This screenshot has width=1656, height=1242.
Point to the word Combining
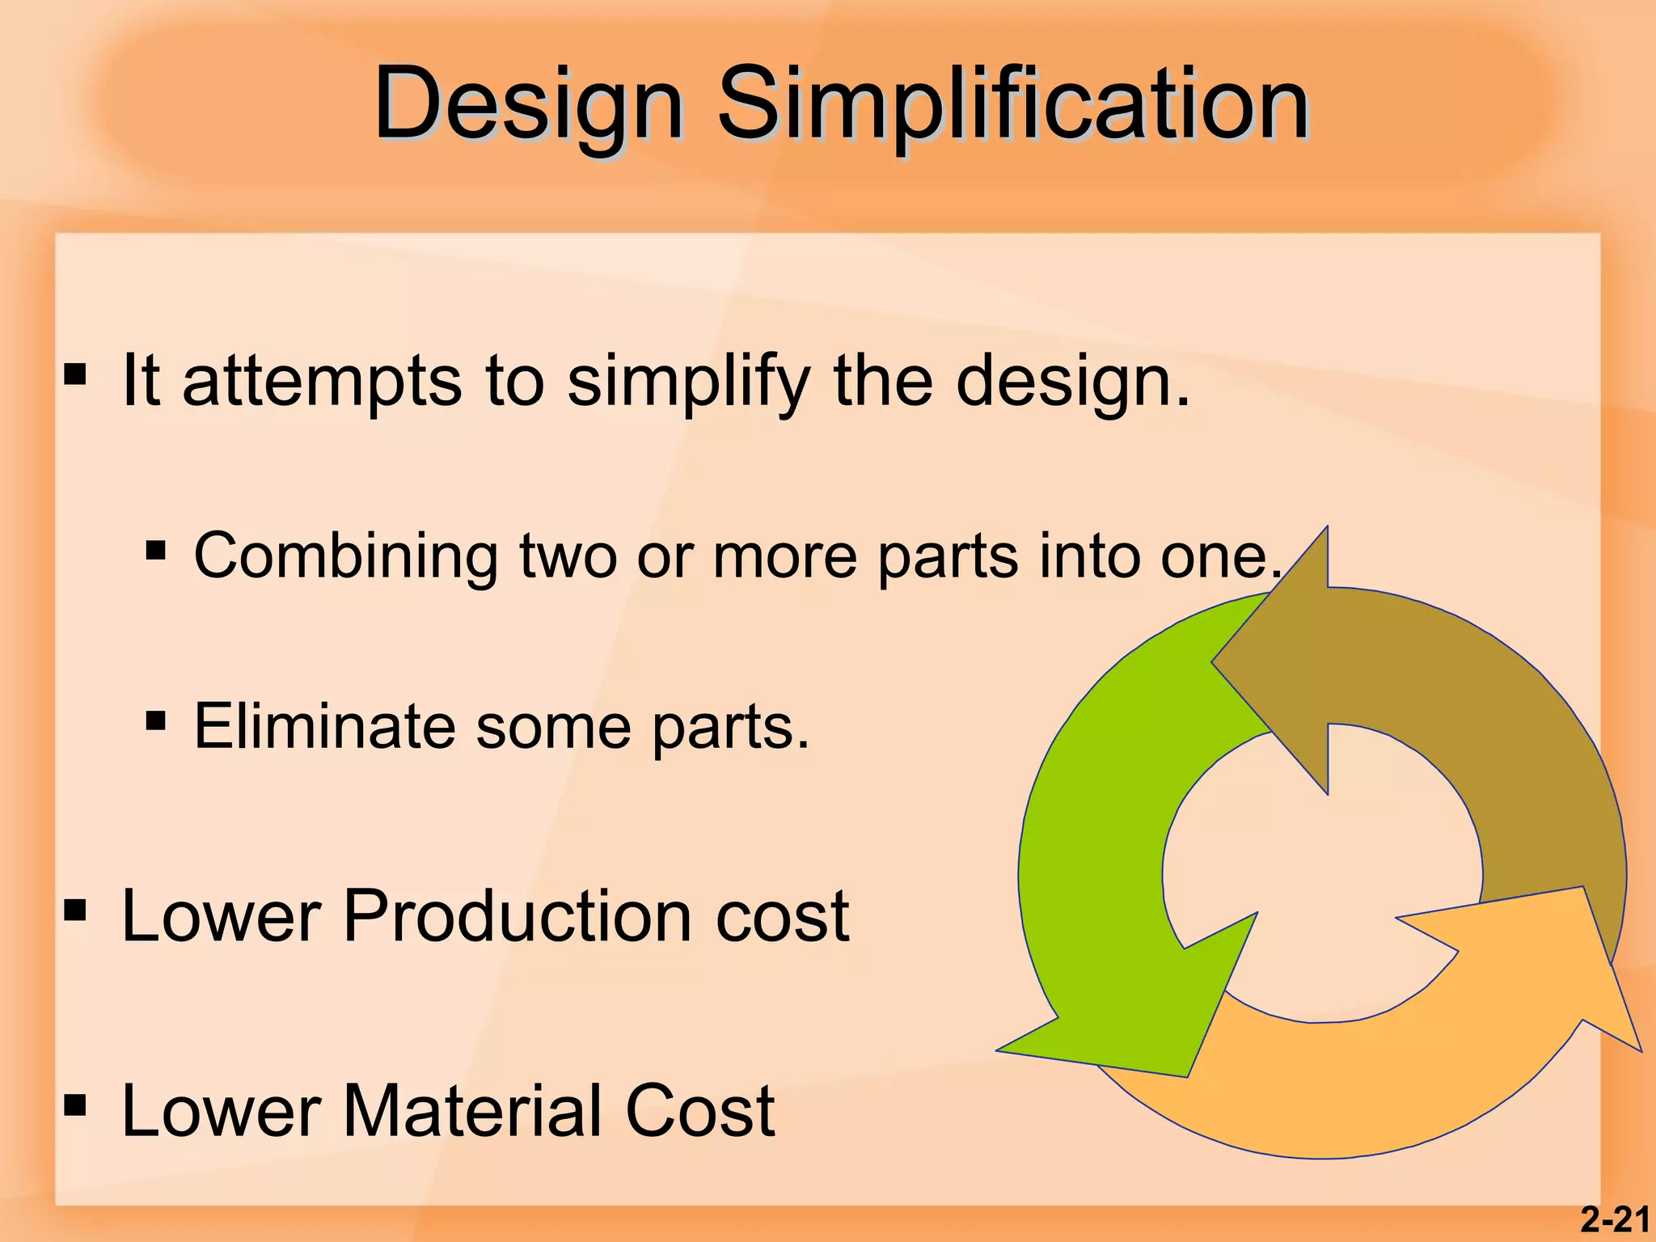pos(346,556)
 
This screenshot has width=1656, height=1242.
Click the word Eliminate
pos(324,725)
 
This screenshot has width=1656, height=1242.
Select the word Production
pos(517,916)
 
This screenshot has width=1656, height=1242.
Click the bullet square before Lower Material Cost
pos(75,1105)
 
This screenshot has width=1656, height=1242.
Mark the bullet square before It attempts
pos(75,374)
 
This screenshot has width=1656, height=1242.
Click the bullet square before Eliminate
pos(156,720)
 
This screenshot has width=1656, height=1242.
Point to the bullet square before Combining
pos(156,551)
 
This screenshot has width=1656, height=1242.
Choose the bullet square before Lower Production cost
pos(75,910)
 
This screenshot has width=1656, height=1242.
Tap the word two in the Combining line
pos(568,556)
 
